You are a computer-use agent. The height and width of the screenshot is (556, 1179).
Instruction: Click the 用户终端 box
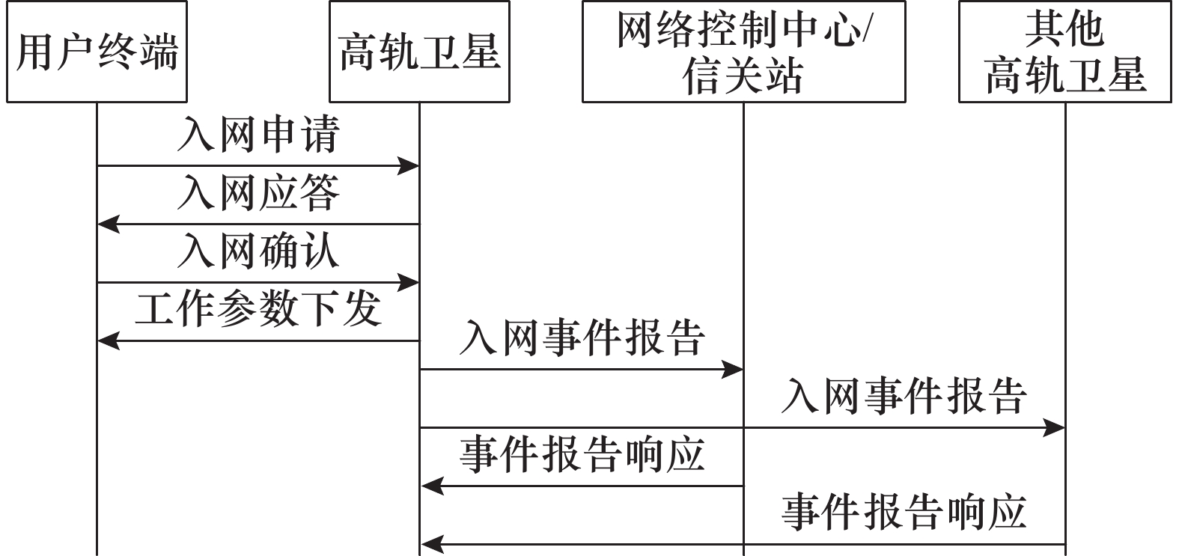[97, 52]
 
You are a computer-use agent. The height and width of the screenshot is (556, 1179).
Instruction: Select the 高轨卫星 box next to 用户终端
[419, 52]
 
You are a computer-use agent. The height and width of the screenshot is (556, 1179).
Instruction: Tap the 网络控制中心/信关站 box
[743, 52]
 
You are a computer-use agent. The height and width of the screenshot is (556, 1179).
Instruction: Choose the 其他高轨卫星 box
[1064, 52]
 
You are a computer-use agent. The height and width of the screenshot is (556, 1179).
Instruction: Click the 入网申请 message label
[258, 135]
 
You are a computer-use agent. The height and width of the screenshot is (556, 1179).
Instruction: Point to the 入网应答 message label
[258, 192]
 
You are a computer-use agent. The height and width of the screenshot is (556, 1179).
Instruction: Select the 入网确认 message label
[258, 251]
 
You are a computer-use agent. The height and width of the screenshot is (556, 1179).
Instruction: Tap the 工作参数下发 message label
[258, 308]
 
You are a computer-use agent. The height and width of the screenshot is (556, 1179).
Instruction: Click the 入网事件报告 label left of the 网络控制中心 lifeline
[582, 337]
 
